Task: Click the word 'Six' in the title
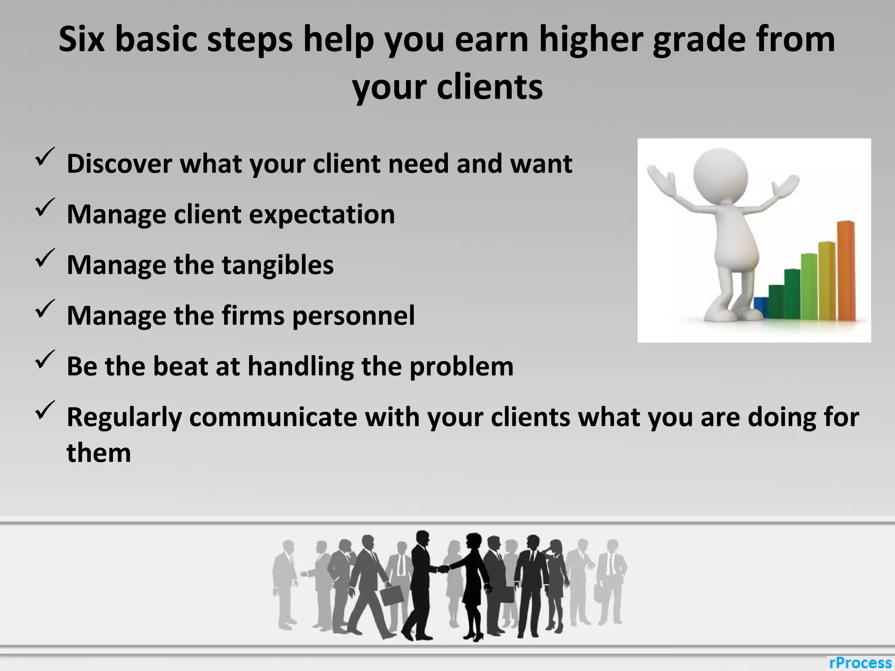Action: click(82, 39)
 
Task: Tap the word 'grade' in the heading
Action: click(700, 40)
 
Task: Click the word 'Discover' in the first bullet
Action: click(119, 164)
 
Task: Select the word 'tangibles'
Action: click(278, 265)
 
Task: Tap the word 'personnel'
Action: click(353, 316)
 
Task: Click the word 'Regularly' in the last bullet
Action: click(124, 417)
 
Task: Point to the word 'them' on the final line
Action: click(99, 453)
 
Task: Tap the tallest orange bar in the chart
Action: click(846, 271)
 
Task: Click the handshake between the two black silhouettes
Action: click(444, 569)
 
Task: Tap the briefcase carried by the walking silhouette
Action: click(392, 595)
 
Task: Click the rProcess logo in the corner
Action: click(860, 663)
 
